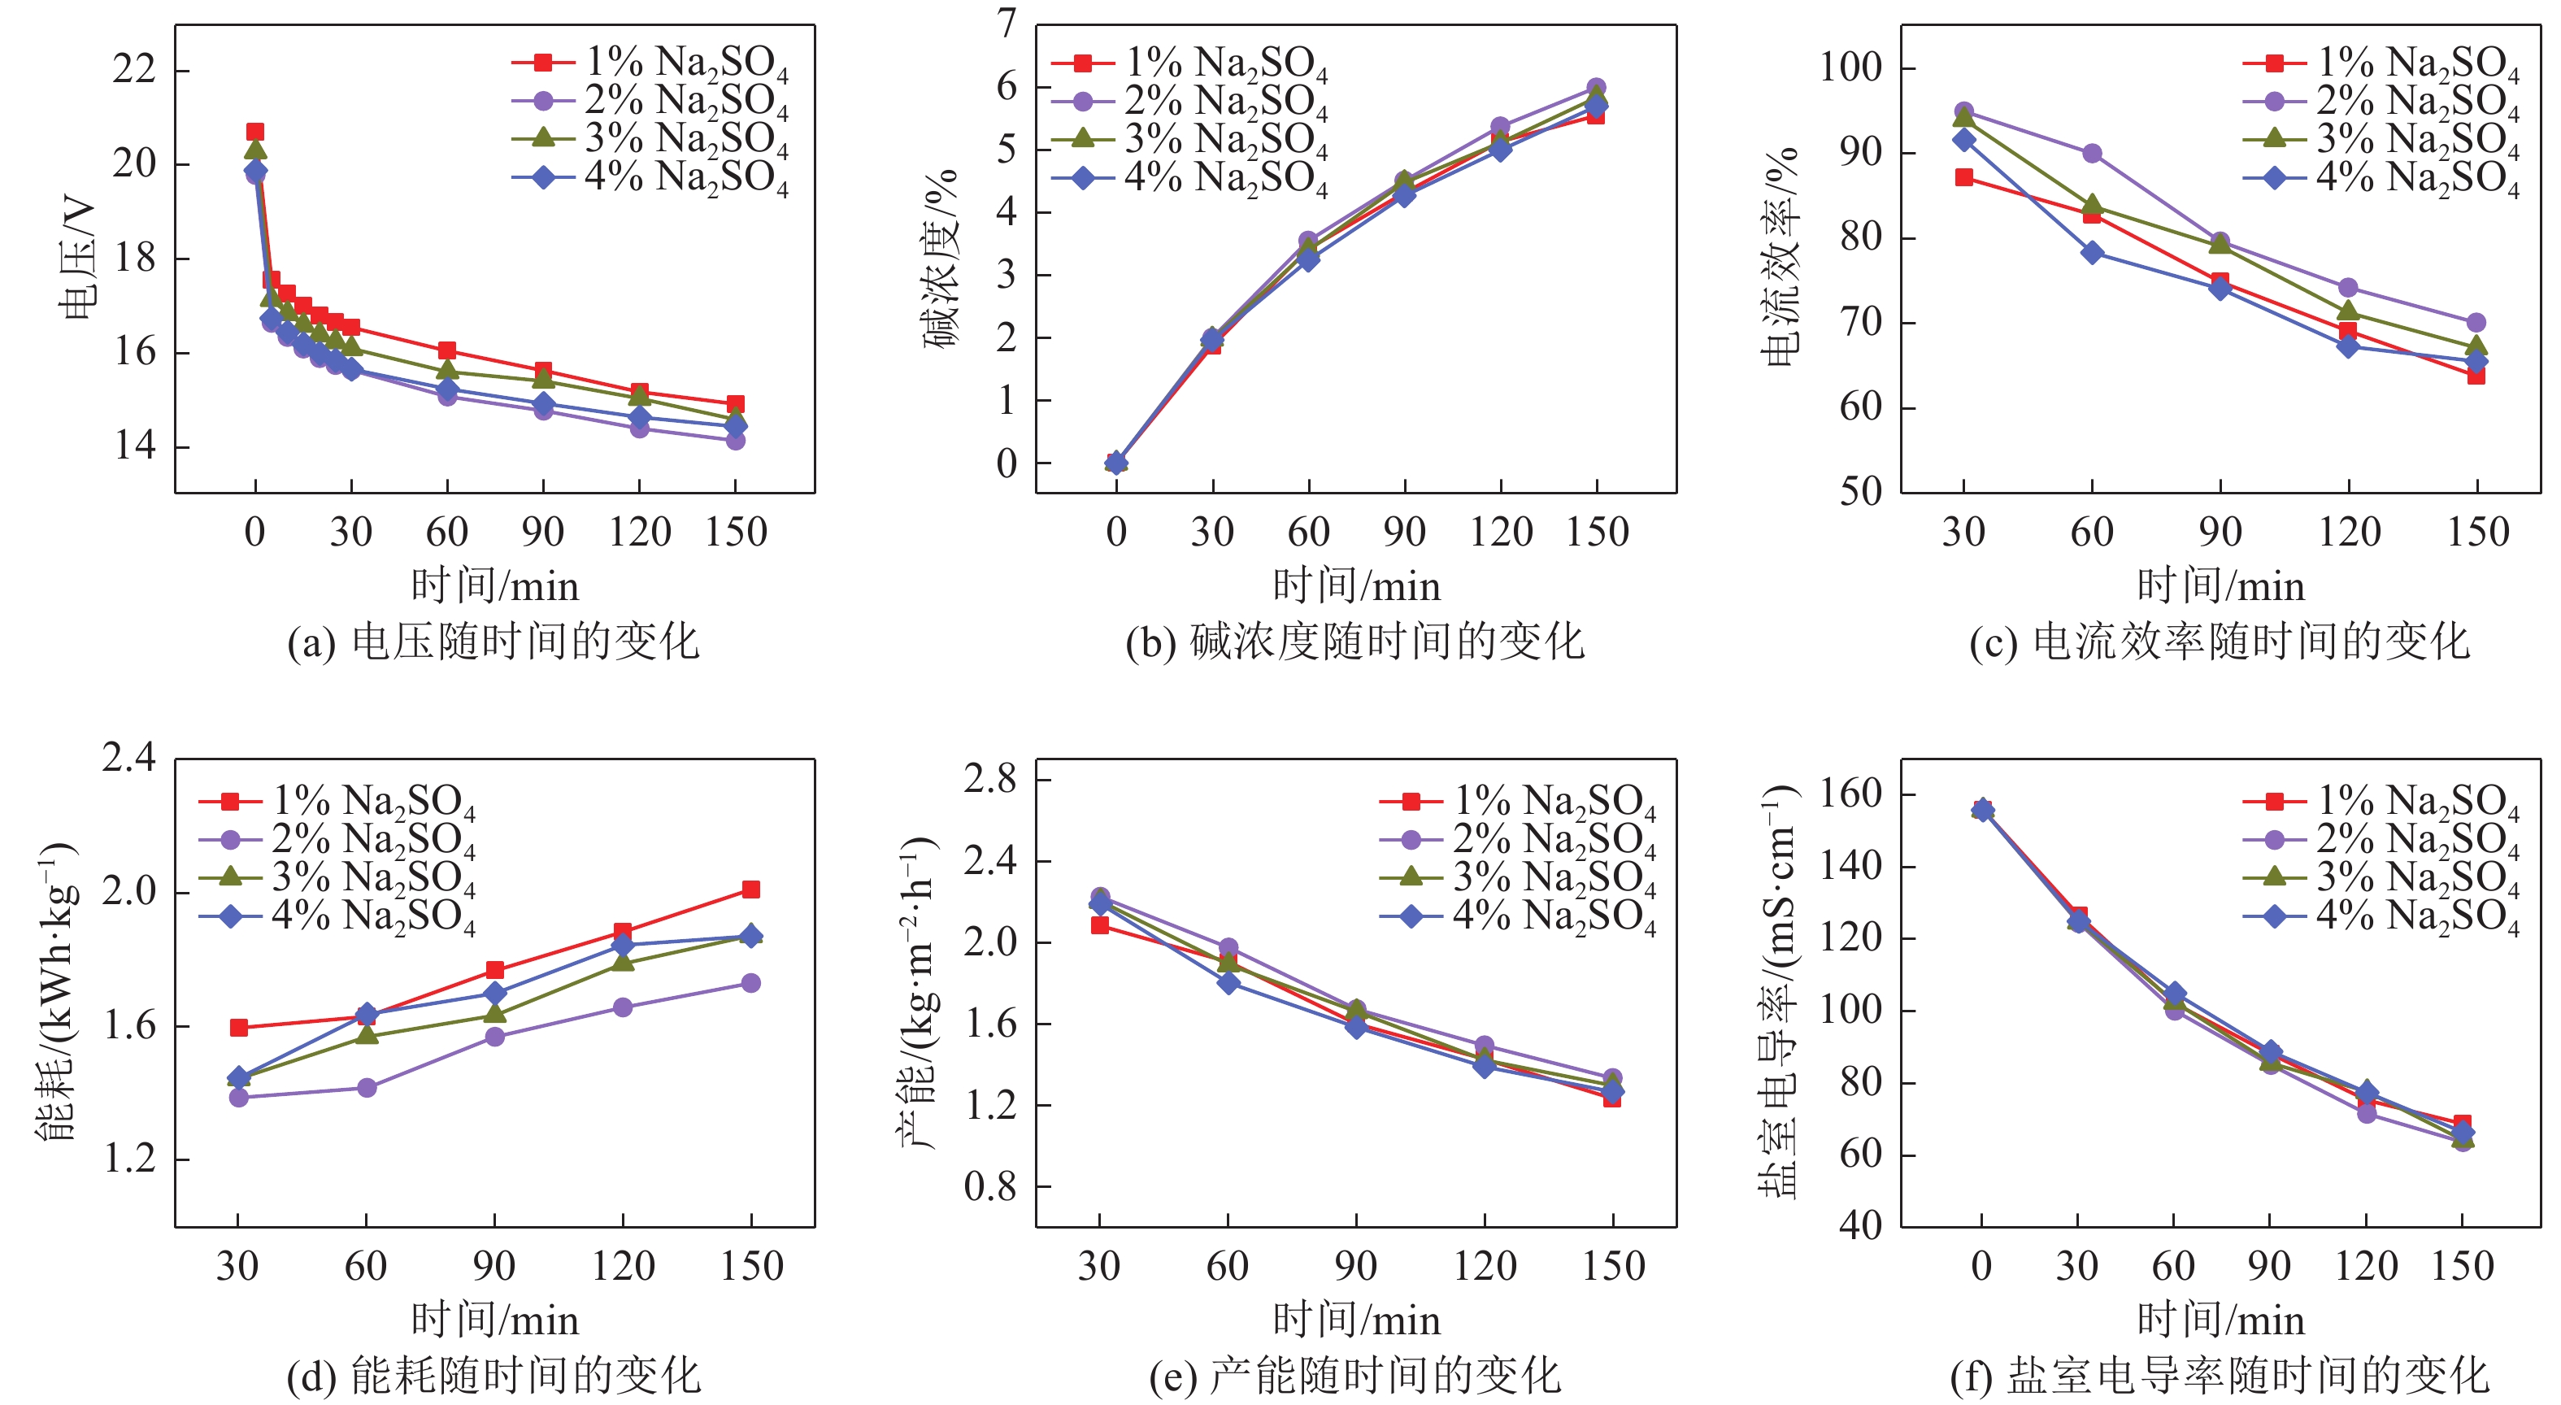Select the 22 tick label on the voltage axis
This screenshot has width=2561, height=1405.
point(134,70)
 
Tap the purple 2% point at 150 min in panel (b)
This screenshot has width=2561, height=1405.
point(1596,88)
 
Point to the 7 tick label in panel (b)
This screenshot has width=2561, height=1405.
point(1007,23)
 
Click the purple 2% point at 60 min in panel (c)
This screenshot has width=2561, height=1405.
point(2092,153)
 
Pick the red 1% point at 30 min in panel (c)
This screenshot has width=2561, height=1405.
point(1963,177)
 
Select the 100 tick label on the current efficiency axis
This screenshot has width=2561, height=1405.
point(1850,67)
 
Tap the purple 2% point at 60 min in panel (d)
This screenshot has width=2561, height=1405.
point(367,1088)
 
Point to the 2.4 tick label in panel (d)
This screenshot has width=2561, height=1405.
point(129,758)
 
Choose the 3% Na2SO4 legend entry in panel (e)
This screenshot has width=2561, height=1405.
point(1518,877)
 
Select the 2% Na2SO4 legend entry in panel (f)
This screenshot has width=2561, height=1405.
point(2382,839)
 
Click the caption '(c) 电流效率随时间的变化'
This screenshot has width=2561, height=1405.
point(2219,642)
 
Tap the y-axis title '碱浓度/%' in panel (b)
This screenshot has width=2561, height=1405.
point(941,259)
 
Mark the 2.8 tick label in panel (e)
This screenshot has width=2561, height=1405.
point(990,779)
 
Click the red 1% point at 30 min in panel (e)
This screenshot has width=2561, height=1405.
point(1099,924)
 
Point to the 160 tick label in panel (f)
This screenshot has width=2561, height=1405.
point(1850,794)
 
